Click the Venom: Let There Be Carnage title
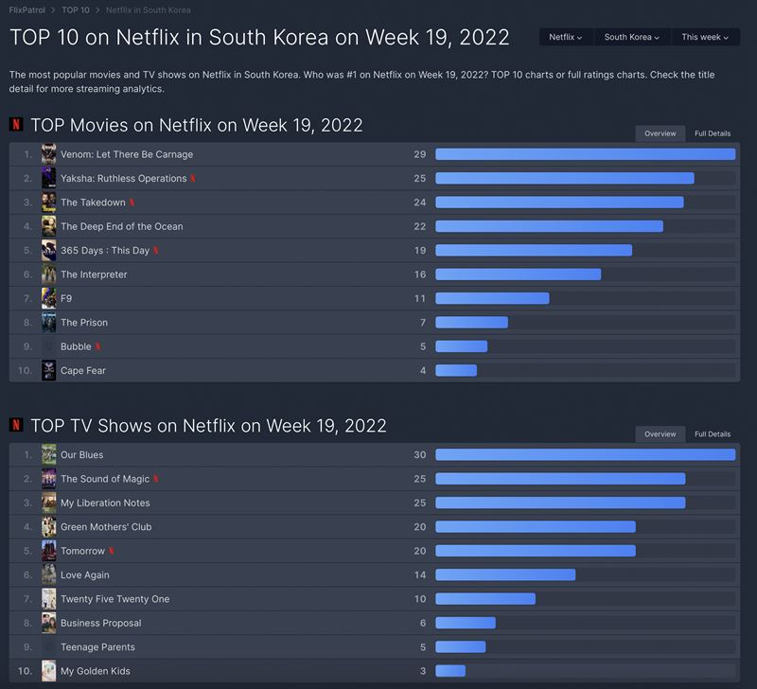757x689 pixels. pos(127,154)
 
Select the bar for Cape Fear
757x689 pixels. pos(456,371)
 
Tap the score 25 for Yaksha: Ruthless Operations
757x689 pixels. pos(420,179)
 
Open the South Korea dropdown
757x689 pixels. pos(632,37)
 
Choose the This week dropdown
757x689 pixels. pos(705,37)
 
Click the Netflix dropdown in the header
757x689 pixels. pos(566,37)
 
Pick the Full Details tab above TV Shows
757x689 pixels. pos(713,434)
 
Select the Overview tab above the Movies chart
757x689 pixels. pos(660,133)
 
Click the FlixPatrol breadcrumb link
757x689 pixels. pos(26,10)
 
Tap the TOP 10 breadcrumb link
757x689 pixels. pos(76,10)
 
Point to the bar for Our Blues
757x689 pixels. pos(585,455)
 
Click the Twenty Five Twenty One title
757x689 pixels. pos(115,599)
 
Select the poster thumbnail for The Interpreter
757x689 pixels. pos(49,274)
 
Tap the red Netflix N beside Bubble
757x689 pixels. pos(98,346)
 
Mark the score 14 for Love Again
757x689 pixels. pos(420,575)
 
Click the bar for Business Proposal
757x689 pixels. pos(466,623)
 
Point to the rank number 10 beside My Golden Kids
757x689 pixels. pos(25,671)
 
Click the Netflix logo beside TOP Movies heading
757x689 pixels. pos(16,125)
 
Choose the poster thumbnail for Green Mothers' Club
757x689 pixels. pos(49,527)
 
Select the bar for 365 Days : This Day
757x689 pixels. pos(534,251)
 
